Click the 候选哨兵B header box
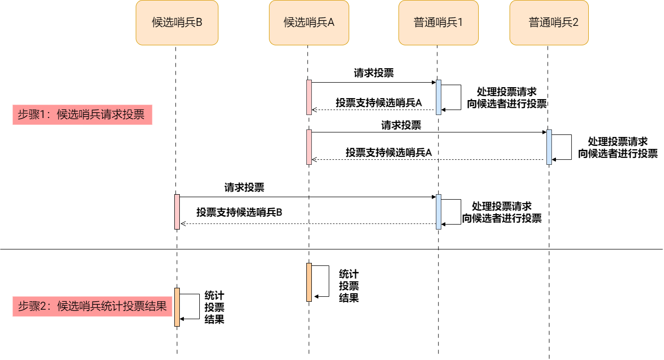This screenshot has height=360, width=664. (x=177, y=22)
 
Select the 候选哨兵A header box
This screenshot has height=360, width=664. (x=309, y=22)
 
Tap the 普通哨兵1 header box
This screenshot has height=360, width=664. (x=438, y=22)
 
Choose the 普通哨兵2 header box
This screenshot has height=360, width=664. (x=549, y=22)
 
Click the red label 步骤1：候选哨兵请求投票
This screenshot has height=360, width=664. (x=82, y=115)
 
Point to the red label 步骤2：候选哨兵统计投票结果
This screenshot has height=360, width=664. (x=92, y=306)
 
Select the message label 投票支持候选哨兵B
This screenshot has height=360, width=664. (x=240, y=212)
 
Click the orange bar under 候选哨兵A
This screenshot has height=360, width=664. (x=309, y=282)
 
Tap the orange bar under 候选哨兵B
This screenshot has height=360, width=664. (x=177, y=307)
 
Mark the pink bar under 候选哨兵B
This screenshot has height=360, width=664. (x=177, y=212)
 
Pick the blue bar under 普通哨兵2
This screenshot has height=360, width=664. (x=549, y=147)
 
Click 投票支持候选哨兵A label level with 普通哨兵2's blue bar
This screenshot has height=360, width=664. (x=389, y=153)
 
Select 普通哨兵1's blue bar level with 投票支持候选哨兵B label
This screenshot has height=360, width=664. (x=438, y=212)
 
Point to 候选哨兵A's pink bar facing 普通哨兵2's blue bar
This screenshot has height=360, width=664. (x=309, y=147)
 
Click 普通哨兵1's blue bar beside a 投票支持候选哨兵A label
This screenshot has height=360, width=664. (x=438, y=97)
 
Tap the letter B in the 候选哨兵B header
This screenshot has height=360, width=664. (x=199, y=22)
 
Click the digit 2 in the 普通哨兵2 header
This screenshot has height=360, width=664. (x=575, y=22)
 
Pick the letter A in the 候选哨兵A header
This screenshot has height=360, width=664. (x=331, y=22)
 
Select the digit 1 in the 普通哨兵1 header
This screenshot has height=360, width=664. (x=460, y=22)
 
